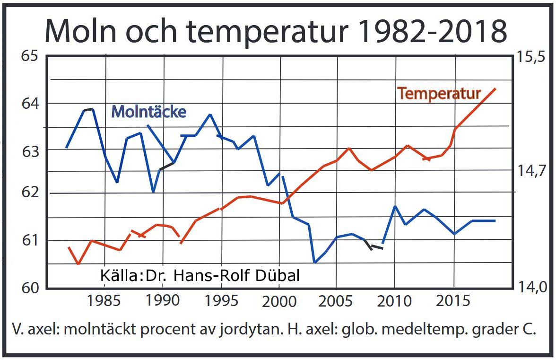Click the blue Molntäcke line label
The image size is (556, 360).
pyautogui.click(x=148, y=112)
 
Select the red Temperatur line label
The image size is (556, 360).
pyautogui.click(x=439, y=94)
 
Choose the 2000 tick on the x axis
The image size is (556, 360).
pyautogui.click(x=278, y=301)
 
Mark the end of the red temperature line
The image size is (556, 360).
pyautogui.click(x=495, y=88)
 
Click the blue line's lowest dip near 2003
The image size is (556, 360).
pyautogui.click(x=314, y=262)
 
